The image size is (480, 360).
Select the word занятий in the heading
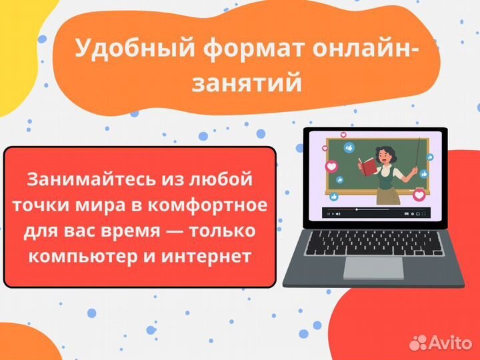click(x=247, y=83)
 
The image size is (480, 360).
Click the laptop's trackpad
click(x=373, y=267)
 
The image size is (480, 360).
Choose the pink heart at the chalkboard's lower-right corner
click(x=419, y=195)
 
